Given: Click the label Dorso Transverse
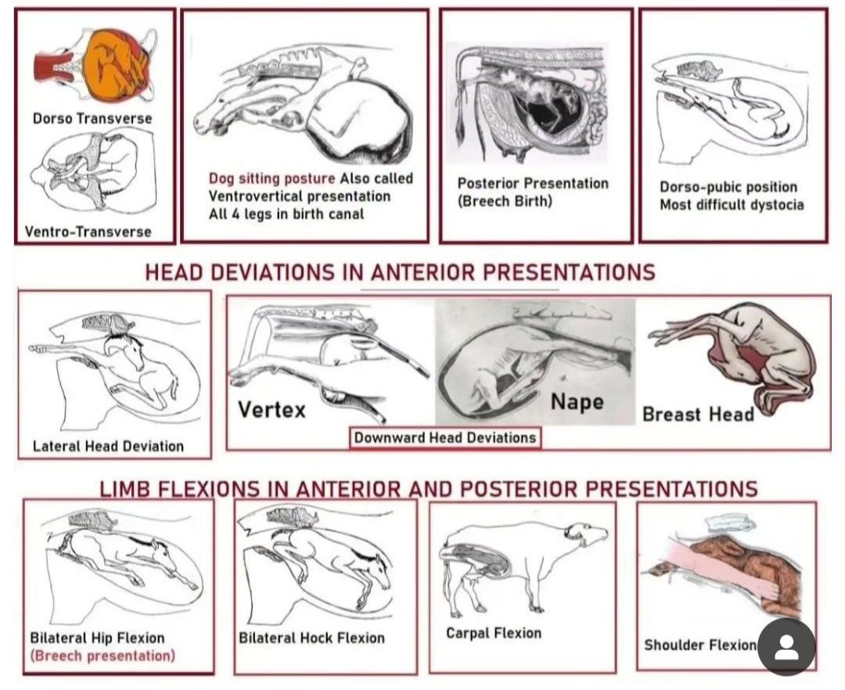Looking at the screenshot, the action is (x=92, y=119).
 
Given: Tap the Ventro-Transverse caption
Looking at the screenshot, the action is (x=88, y=232).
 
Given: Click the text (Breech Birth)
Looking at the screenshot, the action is (x=505, y=201).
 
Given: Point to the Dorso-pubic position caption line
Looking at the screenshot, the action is (x=728, y=188).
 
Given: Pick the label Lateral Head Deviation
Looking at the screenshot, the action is (x=108, y=446).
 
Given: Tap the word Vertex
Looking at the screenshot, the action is (x=271, y=408).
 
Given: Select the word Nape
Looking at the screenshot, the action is (x=577, y=401).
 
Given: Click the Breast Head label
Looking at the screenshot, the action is (x=697, y=414).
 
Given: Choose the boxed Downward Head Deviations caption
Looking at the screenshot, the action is (x=444, y=437).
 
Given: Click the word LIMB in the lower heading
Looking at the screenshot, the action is (x=125, y=489).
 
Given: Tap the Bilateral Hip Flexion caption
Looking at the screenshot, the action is (x=97, y=638).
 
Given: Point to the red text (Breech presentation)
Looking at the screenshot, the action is (x=102, y=656).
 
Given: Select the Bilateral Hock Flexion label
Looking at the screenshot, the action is (x=311, y=638).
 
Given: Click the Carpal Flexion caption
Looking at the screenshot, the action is (x=493, y=632).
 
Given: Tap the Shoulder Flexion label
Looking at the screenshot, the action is (x=699, y=645).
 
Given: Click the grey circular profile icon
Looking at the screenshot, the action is (x=786, y=647).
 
